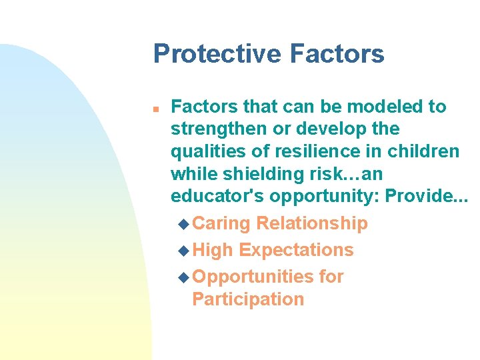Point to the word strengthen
[219, 129]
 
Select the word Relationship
[312, 223]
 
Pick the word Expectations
[296, 250]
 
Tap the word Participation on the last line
[247, 299]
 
